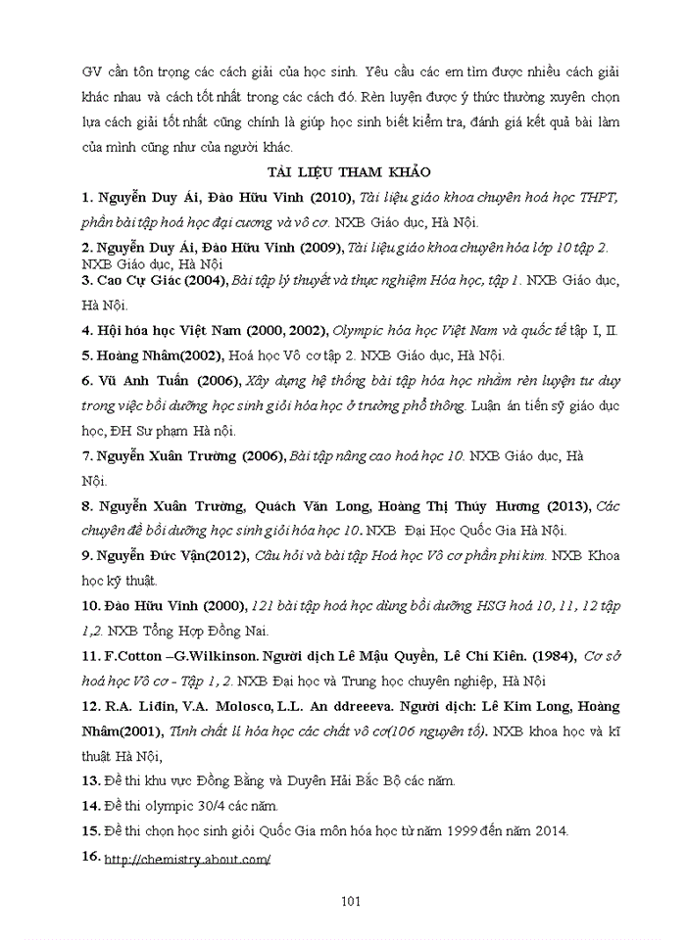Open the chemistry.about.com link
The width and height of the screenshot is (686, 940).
coord(186,859)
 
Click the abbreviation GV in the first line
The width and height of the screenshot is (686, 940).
coord(93,72)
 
